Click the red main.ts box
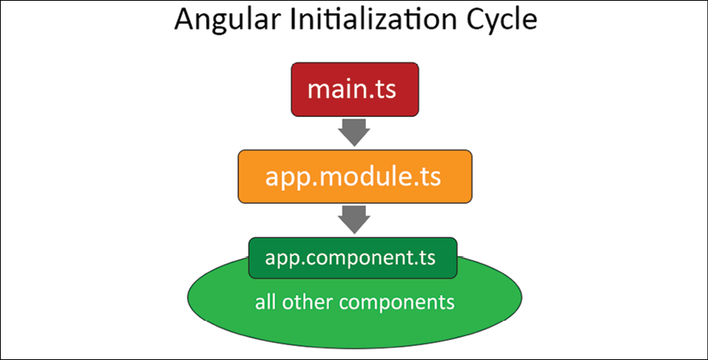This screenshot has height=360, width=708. pyautogui.click(x=355, y=89)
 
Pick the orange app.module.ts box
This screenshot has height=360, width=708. pyautogui.click(x=355, y=177)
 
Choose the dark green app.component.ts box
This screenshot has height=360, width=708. pyautogui.click(x=353, y=258)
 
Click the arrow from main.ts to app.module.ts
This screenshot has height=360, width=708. pyautogui.click(x=354, y=132)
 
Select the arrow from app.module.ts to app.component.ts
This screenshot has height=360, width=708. pyautogui.click(x=354, y=219)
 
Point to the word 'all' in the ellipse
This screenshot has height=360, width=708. pyautogui.click(x=266, y=302)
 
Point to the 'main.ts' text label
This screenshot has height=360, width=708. pyautogui.click(x=352, y=89)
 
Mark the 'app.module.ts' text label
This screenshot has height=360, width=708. pyautogui.click(x=353, y=178)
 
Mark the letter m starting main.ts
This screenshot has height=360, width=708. pyautogui.click(x=320, y=92)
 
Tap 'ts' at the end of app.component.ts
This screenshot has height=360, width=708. pyautogui.click(x=428, y=258)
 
